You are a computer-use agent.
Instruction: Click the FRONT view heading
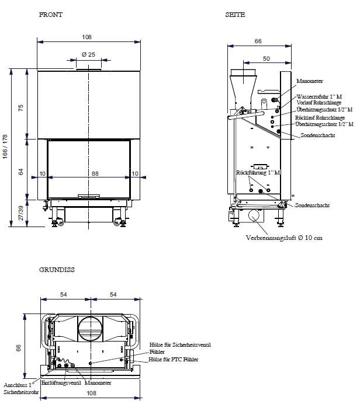tap(50, 14)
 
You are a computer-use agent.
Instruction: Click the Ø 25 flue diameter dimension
tap(88, 54)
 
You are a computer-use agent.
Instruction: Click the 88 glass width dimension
tap(88, 173)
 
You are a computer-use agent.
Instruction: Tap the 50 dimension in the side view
tap(266, 59)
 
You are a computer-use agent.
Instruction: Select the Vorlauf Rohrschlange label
tap(319, 103)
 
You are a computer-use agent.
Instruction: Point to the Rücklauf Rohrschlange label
tap(319, 117)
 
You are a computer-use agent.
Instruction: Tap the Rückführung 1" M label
tap(258, 173)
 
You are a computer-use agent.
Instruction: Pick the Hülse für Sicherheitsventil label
tap(179, 345)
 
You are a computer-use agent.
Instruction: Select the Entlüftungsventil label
tap(61, 383)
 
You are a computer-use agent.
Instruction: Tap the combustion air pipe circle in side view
tap(255, 217)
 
